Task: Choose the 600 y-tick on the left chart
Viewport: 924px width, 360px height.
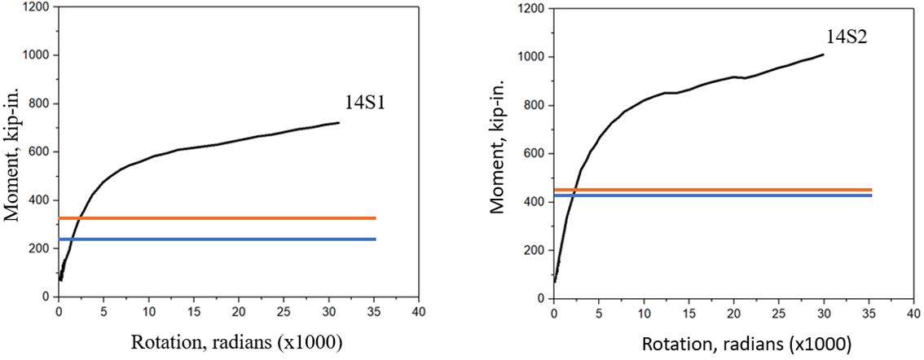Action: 41,151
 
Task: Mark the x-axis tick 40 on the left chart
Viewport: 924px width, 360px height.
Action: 418,312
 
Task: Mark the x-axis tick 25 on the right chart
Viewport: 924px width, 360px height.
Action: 778,314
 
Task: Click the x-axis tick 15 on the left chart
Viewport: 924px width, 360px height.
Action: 193,312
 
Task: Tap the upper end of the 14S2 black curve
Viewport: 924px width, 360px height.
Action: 824,55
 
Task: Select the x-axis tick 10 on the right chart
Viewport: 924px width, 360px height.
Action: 644,314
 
